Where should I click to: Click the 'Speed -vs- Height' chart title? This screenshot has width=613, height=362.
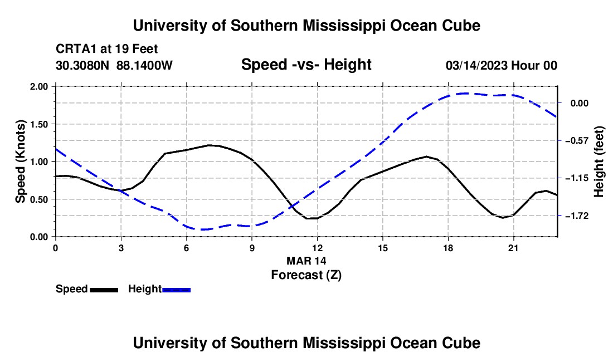(306, 65)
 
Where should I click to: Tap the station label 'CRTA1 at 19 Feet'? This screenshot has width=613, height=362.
(107, 49)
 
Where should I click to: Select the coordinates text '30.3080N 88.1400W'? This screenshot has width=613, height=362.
(114, 65)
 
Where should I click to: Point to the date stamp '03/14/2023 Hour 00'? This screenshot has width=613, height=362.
(501, 65)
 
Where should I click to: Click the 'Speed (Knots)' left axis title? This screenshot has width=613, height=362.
(20, 162)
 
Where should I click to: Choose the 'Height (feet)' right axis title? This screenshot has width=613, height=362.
(599, 162)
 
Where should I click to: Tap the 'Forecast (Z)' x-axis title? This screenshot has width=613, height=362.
(306, 275)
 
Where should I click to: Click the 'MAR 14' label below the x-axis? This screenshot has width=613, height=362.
(306, 261)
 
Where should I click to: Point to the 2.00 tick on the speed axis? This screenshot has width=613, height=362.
(38, 86)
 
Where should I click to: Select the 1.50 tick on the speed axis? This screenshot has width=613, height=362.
(38, 124)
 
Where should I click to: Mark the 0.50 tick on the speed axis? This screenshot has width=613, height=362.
(38, 199)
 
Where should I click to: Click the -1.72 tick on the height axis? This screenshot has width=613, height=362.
(577, 216)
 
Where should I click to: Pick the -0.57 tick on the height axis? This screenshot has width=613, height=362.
(577, 140)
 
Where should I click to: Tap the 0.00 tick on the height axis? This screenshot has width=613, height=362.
(580, 103)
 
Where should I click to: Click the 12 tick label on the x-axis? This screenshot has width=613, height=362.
(318, 248)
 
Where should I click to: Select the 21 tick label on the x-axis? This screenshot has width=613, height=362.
(513, 248)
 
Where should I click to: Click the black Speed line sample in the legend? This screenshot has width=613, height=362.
(104, 290)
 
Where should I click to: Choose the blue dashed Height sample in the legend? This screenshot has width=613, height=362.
(176, 290)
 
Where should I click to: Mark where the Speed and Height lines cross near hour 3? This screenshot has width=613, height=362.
(119, 190)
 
